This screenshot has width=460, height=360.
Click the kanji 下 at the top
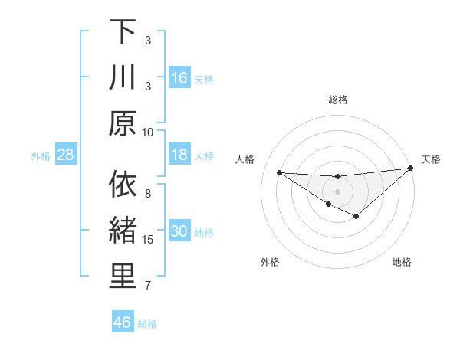[123, 33]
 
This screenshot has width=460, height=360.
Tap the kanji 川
[123, 78]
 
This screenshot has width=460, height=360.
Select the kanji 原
[123, 123]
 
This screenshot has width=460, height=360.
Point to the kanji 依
[123, 185]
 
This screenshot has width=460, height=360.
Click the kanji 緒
[123, 231]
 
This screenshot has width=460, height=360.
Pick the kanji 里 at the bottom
[123, 277]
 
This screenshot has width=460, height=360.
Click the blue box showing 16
[179, 78]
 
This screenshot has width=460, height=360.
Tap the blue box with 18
[179, 155]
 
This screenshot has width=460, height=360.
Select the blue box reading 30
[179, 232]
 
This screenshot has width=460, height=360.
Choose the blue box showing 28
[66, 155]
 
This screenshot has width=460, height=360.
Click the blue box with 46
[123, 322]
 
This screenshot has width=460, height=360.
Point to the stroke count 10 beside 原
[148, 132]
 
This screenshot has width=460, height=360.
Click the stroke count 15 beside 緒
[148, 240]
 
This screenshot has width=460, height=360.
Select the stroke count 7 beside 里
[148, 286]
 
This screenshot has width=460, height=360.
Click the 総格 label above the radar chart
[338, 100]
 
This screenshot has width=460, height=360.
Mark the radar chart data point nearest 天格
[410, 169]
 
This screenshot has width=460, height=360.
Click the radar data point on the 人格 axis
[279, 172]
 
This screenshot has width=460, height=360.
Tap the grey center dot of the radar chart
[337, 191]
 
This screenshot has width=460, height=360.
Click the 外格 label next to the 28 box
[41, 156]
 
